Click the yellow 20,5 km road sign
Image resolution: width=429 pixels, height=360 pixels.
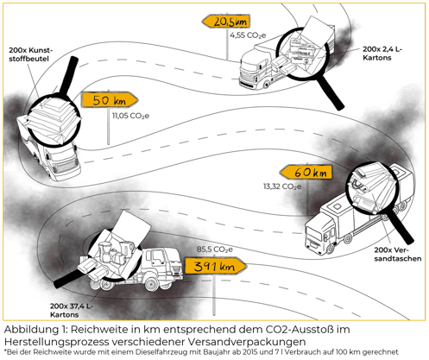tap(226, 22)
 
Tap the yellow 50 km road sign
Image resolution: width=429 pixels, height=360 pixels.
tap(110, 100)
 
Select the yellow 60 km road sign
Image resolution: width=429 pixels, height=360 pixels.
tap(306, 173)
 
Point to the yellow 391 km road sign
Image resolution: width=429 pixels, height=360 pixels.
tap(215, 266)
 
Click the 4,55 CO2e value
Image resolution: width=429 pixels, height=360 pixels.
tap(248, 35)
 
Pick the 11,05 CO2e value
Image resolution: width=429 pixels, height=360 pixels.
tap(130, 116)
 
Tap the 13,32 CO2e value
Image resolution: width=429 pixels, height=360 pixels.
tap(282, 186)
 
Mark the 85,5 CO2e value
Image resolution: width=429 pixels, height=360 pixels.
tap(215, 249)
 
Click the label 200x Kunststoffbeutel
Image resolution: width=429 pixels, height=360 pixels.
tap(31, 54)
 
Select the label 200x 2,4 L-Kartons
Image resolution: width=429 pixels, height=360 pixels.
tap(382, 54)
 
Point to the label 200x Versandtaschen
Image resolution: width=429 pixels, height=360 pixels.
tap(398, 255)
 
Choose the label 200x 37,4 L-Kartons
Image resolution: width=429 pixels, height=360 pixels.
tap(71, 310)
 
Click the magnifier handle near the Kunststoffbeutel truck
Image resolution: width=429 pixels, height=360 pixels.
tap(69, 75)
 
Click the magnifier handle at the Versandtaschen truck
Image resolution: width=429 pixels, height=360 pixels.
tap(401, 227)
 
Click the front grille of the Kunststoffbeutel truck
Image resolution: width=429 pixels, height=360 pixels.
tap(65, 166)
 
